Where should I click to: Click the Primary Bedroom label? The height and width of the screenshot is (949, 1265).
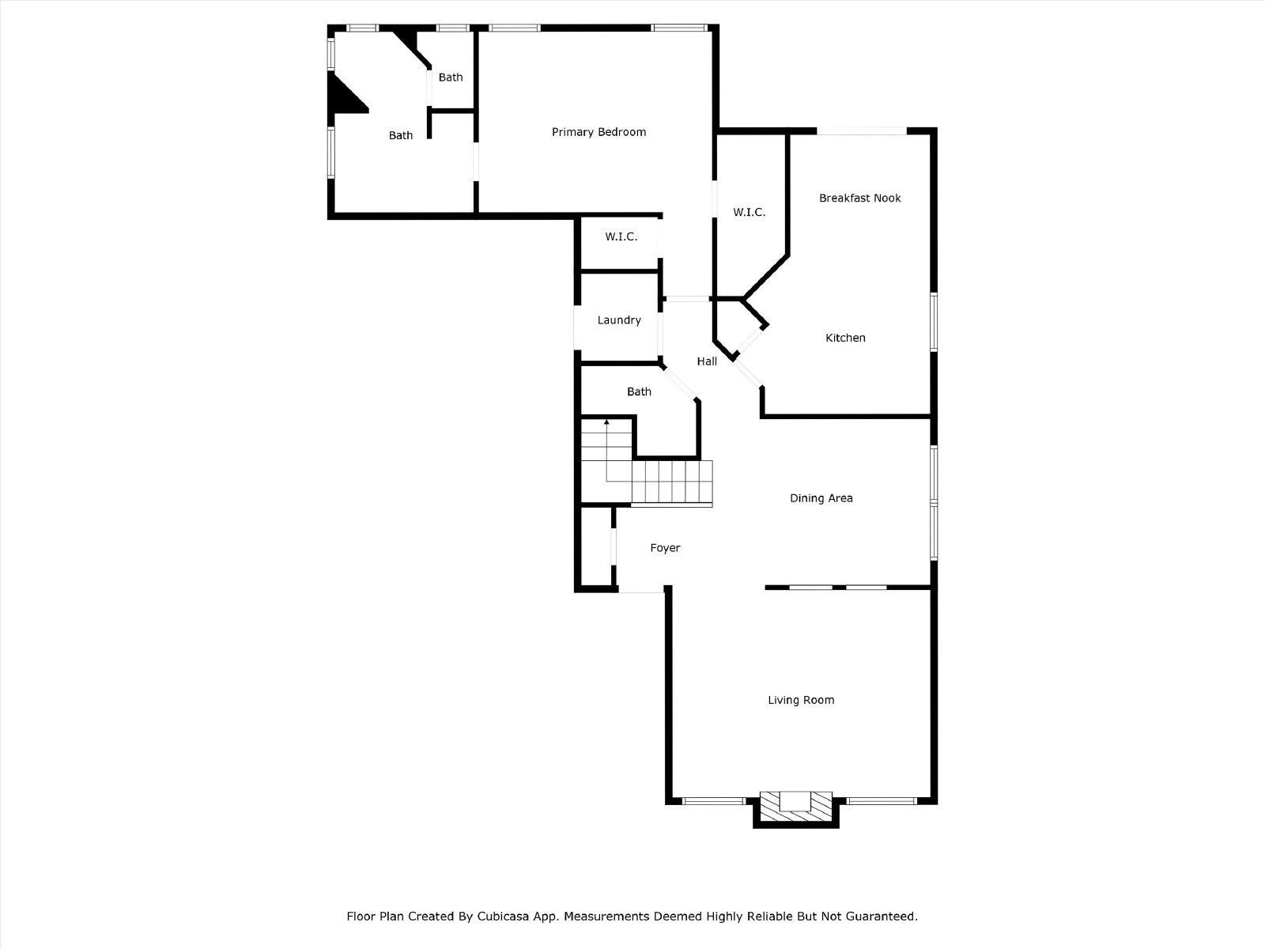click(599, 133)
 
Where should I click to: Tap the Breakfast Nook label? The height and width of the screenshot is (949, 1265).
click(860, 198)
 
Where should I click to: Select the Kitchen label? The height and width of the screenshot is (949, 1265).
click(845, 338)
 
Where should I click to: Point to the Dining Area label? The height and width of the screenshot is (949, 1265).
click(821, 498)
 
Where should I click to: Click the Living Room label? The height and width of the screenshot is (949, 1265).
click(801, 700)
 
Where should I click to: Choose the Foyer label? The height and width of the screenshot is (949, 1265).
click(665, 548)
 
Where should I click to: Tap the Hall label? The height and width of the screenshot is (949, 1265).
click(707, 361)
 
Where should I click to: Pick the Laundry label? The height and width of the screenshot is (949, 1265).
click(619, 320)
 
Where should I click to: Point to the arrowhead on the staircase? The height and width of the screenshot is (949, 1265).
click(606, 422)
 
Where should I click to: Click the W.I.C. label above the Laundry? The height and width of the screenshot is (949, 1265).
click(621, 236)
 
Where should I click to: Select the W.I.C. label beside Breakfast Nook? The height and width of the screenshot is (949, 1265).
click(750, 213)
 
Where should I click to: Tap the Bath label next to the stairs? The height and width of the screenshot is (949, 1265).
click(639, 391)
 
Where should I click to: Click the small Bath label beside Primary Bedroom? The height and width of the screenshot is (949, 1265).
click(451, 78)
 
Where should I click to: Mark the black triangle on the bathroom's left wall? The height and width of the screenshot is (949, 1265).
click(345, 94)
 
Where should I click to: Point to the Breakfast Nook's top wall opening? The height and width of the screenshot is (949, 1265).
click(862, 131)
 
